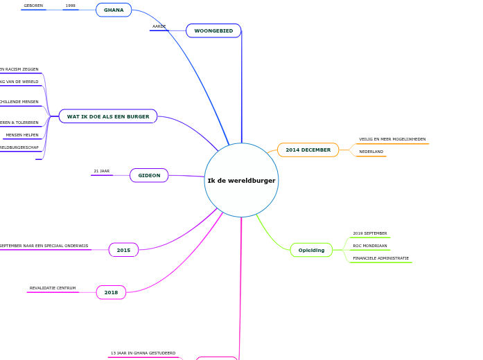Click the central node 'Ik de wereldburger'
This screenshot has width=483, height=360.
pos(241,181)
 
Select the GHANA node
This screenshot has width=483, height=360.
pos(114,10)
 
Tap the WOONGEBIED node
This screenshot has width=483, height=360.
pos(213,31)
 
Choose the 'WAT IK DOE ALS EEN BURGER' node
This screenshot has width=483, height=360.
pos(108,116)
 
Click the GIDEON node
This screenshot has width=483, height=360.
pos(149,176)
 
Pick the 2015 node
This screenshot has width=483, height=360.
pos(123,250)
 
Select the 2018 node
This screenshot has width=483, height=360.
pos(111,293)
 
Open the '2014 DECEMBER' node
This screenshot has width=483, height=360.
pos(308,150)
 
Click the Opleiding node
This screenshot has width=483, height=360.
pos(311,250)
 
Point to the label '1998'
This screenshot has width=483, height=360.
pos(71,6)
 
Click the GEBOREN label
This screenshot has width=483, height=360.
pos(33,6)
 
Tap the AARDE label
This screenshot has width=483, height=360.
pos(159,26)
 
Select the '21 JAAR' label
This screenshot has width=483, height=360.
pos(102,171)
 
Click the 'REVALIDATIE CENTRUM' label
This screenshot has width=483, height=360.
pos(53,288)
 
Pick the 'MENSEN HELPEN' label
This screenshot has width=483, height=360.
pos(22,135)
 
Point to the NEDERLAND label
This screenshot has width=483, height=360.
pos(371,152)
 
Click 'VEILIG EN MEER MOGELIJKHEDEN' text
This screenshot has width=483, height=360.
pos(392,139)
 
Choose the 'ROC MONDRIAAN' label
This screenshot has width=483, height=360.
pos(370,246)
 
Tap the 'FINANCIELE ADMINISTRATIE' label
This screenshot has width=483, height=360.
pos(380,258)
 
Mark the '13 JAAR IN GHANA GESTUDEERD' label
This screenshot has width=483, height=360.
pos(143,353)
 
